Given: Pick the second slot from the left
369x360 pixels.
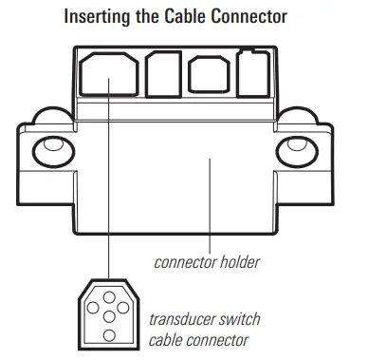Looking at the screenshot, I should pos(157,72).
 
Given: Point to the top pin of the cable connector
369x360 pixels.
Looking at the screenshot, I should pos(109,294).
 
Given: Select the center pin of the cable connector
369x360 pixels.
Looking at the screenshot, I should pos(109,314).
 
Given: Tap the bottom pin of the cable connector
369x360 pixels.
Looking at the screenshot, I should pos(109,334).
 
